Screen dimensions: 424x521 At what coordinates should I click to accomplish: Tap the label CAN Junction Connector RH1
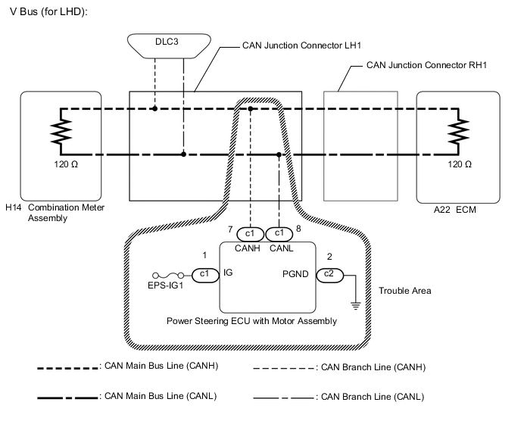[x=426, y=66]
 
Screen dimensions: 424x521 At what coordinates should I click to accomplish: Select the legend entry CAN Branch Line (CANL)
[x=369, y=396]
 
